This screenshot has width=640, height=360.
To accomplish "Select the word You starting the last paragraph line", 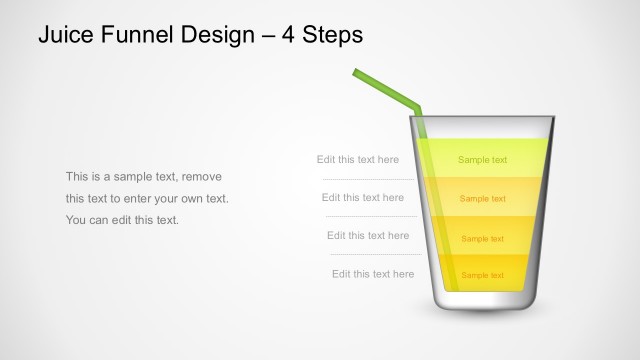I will (76, 220).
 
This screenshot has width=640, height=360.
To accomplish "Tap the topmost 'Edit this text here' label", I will (357, 159).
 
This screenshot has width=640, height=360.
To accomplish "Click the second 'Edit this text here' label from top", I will (362, 197).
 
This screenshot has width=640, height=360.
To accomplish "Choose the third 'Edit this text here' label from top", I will (367, 236).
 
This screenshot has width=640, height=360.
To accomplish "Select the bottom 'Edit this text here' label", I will (372, 274).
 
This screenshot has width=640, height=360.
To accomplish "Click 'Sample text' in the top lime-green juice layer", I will (482, 160).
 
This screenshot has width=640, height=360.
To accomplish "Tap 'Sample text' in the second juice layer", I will (482, 198).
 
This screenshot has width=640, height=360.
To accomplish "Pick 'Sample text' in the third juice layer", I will (482, 239).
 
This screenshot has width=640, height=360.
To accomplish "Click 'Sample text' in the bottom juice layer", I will (482, 275).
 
